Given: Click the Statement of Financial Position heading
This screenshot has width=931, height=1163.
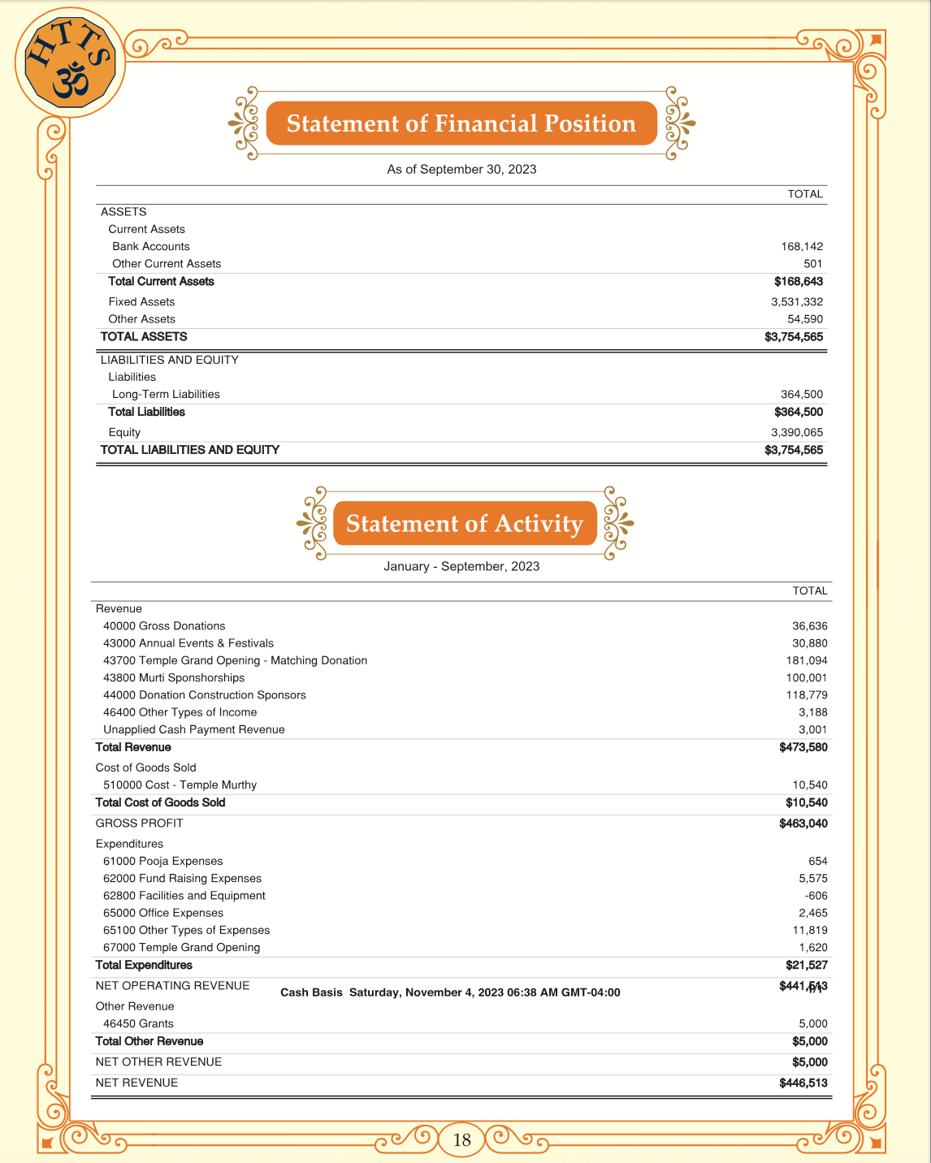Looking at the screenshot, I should (x=461, y=123).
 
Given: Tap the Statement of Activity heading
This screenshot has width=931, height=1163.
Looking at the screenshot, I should (x=464, y=524).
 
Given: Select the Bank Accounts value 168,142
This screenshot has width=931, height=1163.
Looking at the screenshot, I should (x=802, y=246).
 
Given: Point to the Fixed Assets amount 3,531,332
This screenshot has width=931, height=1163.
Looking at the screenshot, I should (x=797, y=302).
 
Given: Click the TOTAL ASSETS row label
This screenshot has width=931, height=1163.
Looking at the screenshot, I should (x=144, y=336).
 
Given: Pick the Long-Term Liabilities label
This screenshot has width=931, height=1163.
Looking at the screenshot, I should (x=166, y=394).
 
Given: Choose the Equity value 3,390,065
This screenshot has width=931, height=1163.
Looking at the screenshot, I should (x=797, y=432).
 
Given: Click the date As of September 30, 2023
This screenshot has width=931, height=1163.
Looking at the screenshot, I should (x=461, y=170).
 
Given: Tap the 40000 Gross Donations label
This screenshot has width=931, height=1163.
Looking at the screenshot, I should (x=164, y=626).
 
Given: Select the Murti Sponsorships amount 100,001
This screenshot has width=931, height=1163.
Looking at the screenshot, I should (x=807, y=678).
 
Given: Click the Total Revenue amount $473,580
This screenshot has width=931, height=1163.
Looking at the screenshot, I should (x=803, y=747).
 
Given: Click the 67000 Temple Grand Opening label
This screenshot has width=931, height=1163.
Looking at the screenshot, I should (x=182, y=948).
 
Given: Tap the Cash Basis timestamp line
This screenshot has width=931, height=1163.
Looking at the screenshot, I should (x=450, y=992).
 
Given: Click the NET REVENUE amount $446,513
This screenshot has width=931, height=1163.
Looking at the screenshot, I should (x=803, y=1083).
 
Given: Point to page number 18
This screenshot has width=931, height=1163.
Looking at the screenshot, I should (x=461, y=1140).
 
